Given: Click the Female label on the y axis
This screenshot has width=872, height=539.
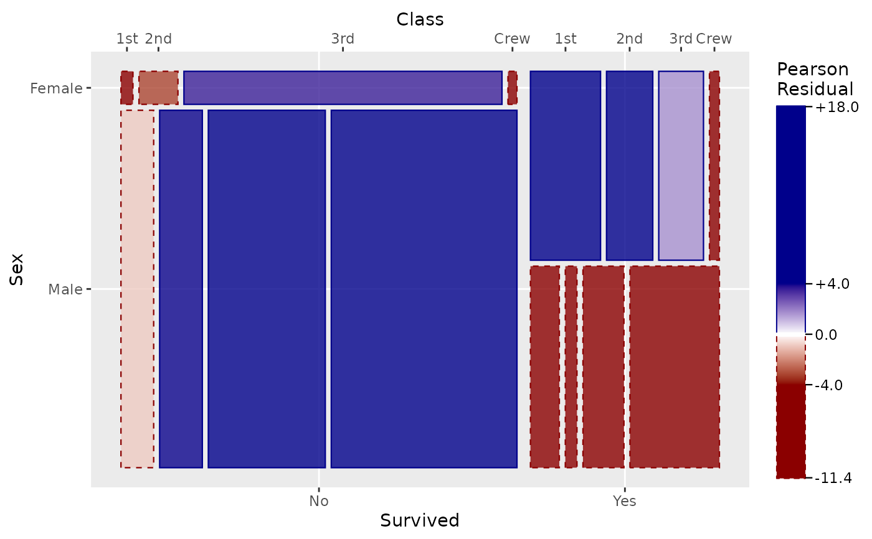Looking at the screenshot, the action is [x=56, y=88].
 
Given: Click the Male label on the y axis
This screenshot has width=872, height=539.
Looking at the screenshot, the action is [x=65, y=289].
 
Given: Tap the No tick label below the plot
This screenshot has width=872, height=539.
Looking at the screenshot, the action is [x=319, y=501].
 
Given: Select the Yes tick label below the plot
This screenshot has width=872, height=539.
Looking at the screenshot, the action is [x=624, y=501].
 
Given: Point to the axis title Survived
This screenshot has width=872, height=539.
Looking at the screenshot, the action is [x=420, y=520].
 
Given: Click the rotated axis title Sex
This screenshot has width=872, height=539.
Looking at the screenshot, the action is [x=17, y=269].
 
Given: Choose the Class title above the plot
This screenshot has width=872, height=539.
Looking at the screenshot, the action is [x=420, y=19].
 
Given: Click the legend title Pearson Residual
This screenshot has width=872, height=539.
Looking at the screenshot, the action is [x=815, y=79].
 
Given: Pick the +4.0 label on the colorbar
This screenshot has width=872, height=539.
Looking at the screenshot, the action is [x=832, y=284].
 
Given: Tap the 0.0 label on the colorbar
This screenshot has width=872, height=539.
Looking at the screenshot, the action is [x=826, y=334].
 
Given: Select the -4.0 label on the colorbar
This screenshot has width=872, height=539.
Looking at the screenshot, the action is [x=829, y=385].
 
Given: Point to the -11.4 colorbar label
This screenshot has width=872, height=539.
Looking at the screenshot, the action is [x=833, y=477].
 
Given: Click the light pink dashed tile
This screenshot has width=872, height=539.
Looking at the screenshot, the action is [x=137, y=289].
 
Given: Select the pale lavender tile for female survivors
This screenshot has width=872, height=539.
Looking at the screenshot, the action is [x=681, y=166].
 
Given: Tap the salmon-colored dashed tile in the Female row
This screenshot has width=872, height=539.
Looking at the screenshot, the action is [x=158, y=88].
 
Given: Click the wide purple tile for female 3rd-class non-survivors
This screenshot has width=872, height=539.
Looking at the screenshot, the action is [x=343, y=88].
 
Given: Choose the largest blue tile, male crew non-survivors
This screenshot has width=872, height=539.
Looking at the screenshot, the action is [x=424, y=289].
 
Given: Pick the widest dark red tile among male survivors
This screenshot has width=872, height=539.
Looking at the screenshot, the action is [x=674, y=367].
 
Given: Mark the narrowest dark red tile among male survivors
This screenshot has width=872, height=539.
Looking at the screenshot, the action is [x=571, y=367].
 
